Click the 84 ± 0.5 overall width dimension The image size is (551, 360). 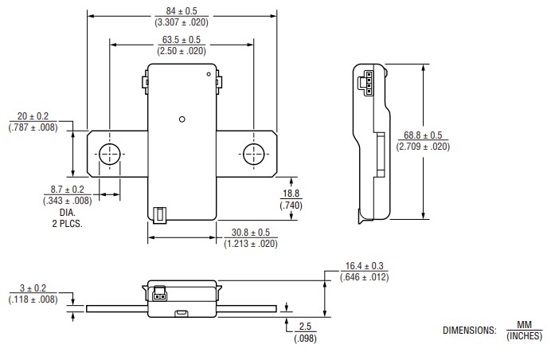(182, 10)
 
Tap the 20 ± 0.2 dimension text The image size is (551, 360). (33, 115)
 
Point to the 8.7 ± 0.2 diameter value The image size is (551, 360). (68, 190)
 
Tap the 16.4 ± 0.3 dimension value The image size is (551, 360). (365, 265)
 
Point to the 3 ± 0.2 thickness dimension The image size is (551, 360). (33, 288)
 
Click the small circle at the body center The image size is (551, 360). (182, 119)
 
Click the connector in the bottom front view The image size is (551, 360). (158, 295)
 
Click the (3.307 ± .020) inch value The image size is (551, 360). (182, 22)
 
